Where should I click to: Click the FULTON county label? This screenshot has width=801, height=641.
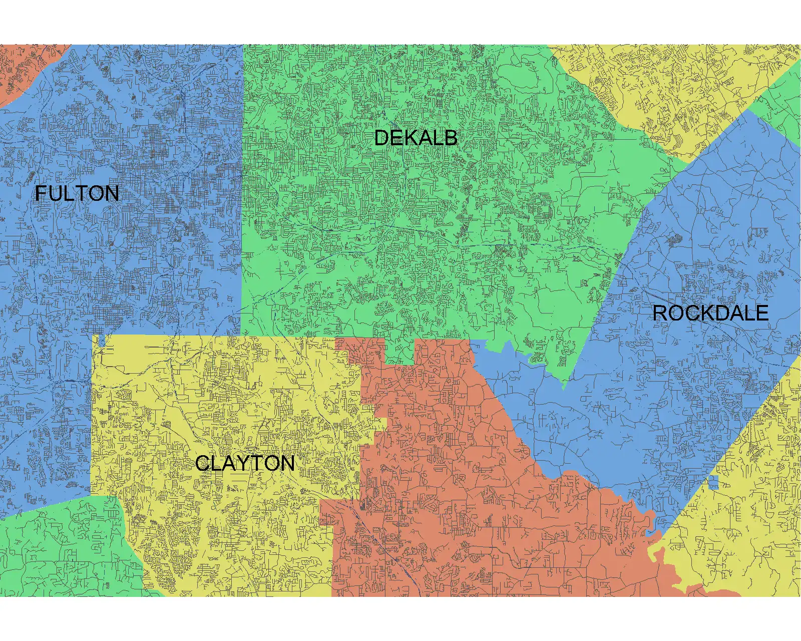point(77,194)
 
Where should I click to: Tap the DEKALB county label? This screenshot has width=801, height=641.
point(416,138)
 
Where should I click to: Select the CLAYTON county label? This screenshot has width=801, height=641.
point(245,464)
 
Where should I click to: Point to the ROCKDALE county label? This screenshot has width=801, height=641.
point(710,313)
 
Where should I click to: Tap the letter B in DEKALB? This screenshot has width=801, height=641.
point(450,138)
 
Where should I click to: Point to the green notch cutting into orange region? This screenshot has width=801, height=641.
point(399,351)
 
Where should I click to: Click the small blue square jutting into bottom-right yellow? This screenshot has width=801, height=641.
point(713,483)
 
